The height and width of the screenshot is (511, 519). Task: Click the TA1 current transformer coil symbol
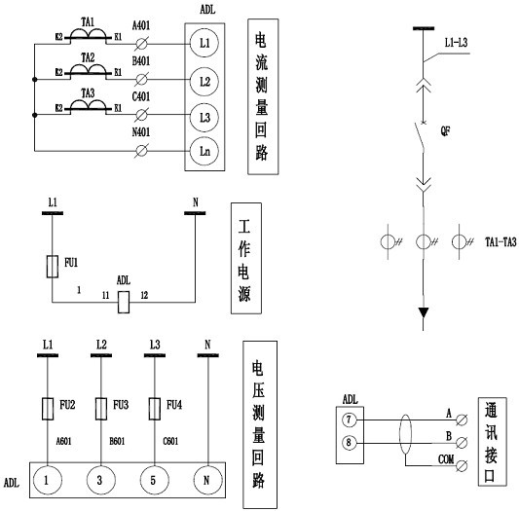[88, 35]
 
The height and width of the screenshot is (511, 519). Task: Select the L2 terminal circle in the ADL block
[204, 82]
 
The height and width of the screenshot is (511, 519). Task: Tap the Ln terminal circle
[204, 151]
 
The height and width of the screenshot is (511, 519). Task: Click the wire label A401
[141, 25]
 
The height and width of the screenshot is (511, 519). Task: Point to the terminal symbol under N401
[141, 151]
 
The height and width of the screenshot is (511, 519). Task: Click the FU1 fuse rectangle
[53, 267]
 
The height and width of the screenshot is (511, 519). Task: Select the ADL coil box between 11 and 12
[124, 302]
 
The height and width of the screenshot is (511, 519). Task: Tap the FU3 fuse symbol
[101, 409]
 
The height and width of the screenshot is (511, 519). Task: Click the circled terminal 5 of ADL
[154, 480]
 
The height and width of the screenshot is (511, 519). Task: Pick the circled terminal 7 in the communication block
[349, 420]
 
